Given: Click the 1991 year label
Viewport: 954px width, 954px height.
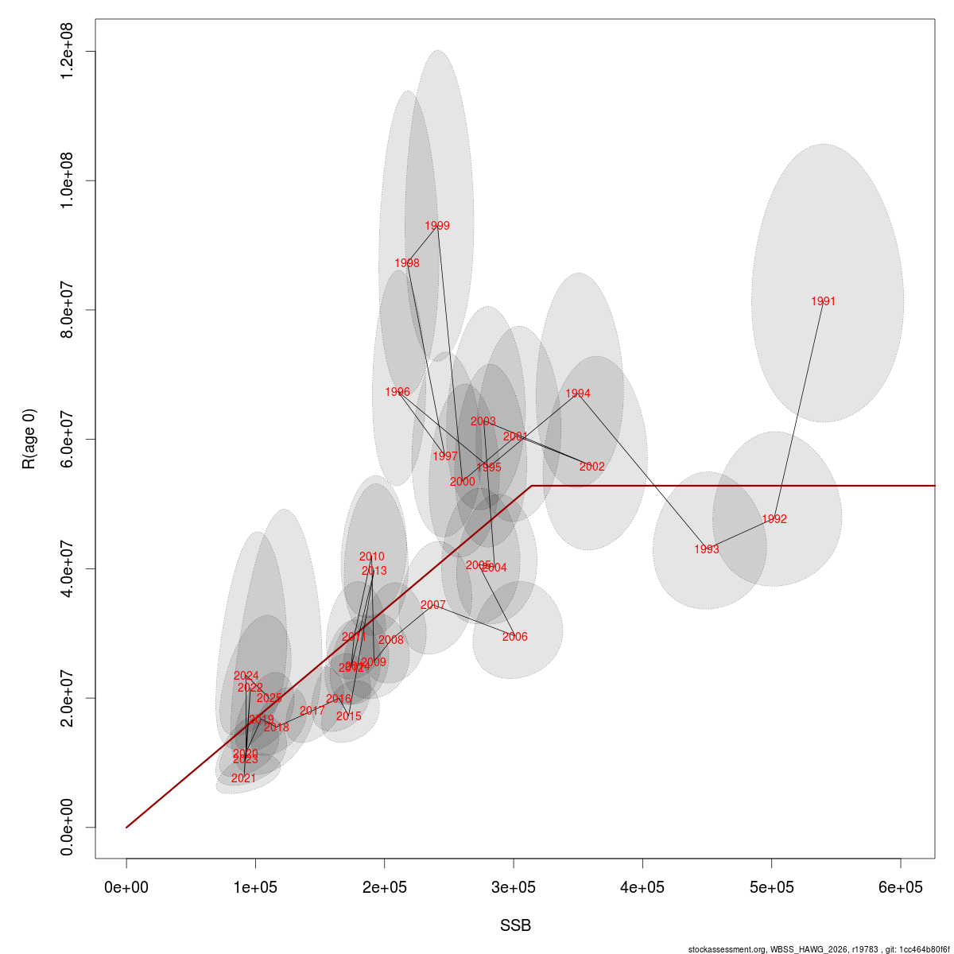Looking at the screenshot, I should click(824, 301).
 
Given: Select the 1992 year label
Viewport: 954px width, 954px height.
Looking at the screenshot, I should click(774, 519).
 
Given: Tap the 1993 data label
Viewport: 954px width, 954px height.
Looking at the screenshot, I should click(706, 549).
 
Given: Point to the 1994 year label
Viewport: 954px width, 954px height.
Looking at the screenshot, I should click(578, 394).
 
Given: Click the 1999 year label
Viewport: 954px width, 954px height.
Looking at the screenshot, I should click(437, 226).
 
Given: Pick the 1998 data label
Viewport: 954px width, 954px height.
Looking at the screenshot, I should click(407, 263).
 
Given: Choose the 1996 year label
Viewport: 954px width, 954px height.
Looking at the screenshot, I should click(397, 392).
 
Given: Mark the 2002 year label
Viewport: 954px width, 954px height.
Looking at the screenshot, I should click(592, 467).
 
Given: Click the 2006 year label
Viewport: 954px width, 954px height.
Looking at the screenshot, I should click(515, 637).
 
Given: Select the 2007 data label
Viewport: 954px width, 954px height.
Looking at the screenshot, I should click(433, 605).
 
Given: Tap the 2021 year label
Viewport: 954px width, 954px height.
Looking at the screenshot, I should click(243, 778).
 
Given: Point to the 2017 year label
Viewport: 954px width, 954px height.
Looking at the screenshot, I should click(312, 711).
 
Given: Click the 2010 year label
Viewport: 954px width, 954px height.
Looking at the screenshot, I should click(371, 557).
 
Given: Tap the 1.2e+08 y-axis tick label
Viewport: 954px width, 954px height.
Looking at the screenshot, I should click(67, 52).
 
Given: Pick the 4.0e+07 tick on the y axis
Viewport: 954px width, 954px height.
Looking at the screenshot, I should click(67, 568).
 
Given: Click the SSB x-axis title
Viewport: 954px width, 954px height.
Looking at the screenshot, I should click(515, 926).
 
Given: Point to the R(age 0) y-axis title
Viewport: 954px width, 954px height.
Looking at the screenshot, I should click(29, 439).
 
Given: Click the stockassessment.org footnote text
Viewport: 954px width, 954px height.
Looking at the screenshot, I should click(819, 948).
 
